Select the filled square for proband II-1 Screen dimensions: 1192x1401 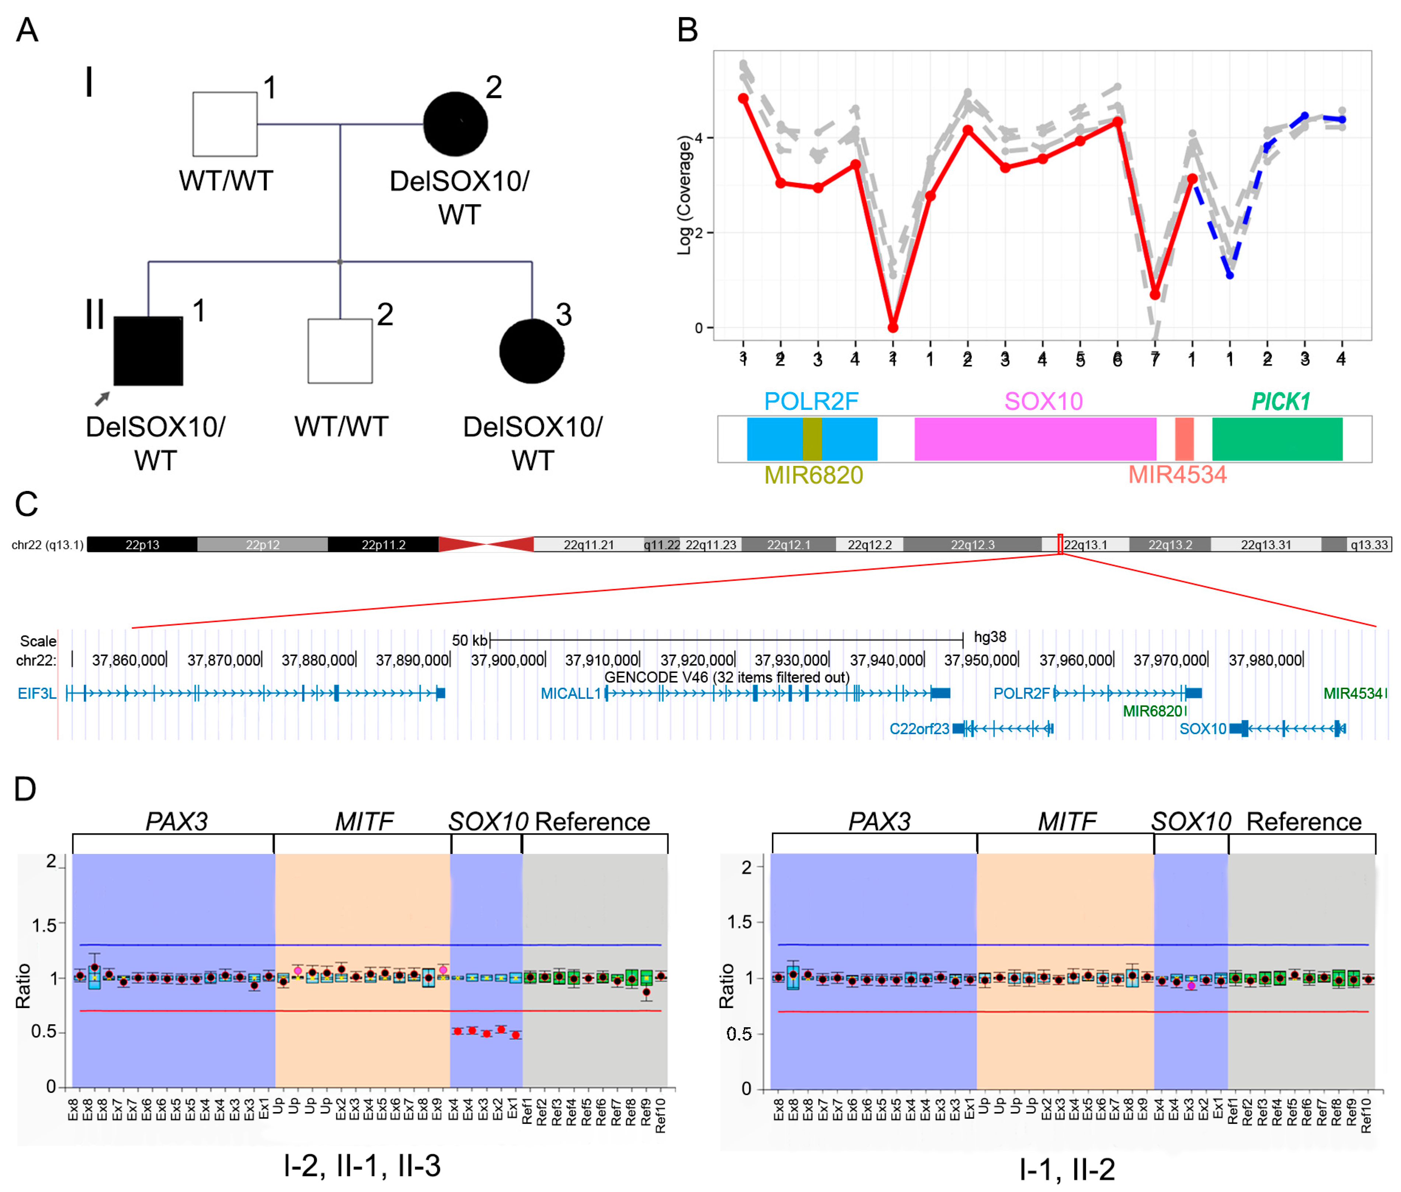pyautogui.click(x=148, y=351)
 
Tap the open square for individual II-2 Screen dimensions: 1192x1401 pyautogui.click(x=340, y=351)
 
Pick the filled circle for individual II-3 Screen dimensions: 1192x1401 pyautogui.click(x=532, y=351)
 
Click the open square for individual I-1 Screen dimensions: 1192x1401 pyautogui.click(x=225, y=124)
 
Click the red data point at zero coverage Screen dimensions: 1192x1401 pyautogui.click(x=893, y=328)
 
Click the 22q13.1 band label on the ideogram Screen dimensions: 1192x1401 pyautogui.click(x=1086, y=545)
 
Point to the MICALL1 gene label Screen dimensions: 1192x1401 pyautogui.click(x=570, y=693)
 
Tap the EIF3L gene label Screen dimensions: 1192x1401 pyautogui.click(x=36, y=693)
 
